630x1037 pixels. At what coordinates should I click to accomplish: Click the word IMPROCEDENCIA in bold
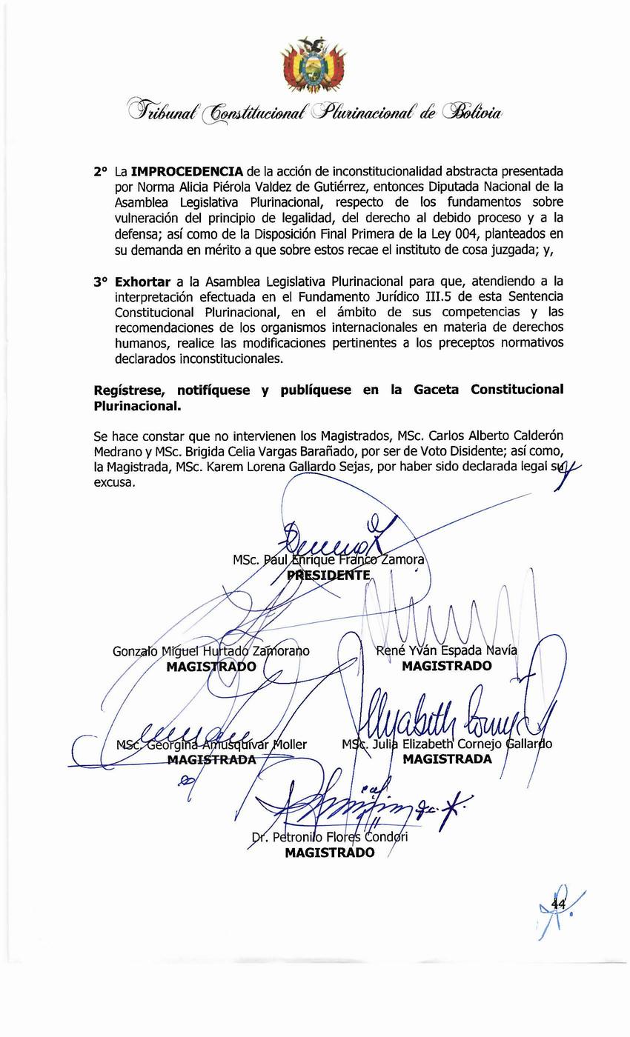tap(187, 171)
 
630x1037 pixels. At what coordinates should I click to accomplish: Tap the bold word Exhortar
tap(142, 281)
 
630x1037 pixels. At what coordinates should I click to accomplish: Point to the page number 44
tap(558, 904)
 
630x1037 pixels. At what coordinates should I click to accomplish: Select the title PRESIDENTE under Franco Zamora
tap(328, 576)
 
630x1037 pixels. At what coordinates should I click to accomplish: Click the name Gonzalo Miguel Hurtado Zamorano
tap(210, 651)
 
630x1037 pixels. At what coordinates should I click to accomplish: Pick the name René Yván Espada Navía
tap(446, 650)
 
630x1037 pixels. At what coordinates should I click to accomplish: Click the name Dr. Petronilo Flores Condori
tap(329, 837)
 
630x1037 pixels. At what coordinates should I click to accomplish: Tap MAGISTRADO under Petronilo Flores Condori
tap(329, 853)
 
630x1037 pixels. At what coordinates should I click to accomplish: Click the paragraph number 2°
tap(102, 171)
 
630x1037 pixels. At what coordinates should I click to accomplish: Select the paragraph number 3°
tap(102, 281)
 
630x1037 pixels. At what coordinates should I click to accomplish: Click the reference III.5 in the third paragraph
tap(378, 297)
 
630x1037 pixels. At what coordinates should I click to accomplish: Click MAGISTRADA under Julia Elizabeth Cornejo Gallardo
tap(446, 759)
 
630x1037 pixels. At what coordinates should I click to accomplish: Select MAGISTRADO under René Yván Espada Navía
tap(446, 666)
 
